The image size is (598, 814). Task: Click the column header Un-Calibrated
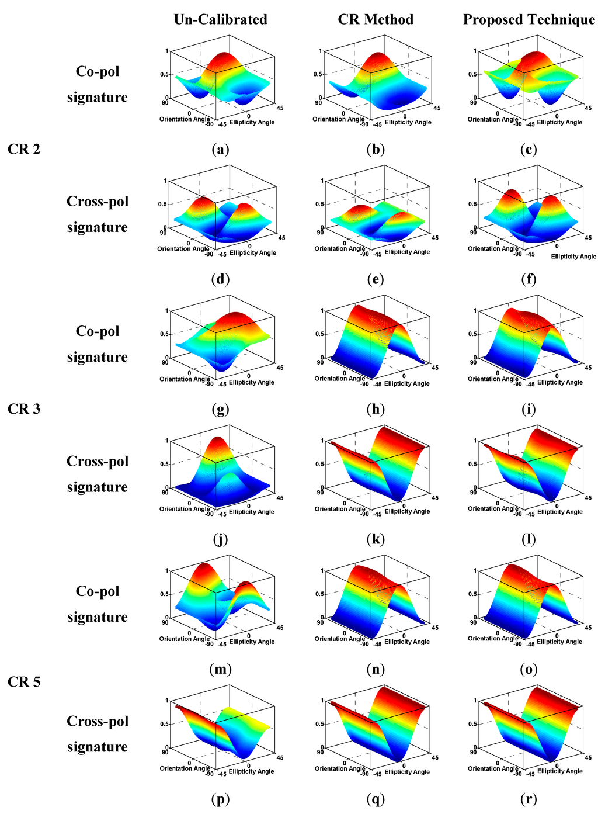coord(220,19)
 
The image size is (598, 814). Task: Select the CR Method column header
coord(376,19)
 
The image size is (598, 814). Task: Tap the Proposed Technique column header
coord(529,19)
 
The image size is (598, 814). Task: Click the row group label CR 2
coord(24,149)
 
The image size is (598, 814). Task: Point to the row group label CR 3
coord(24,409)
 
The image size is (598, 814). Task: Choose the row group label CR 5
coord(24,682)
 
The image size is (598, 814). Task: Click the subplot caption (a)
coord(220,150)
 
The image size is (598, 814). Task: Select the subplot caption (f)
coord(529,279)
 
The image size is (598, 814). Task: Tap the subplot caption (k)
coord(376,539)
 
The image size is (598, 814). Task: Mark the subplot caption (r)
coord(529,799)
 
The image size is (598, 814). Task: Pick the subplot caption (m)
coord(220,670)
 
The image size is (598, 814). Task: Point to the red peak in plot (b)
coord(380,58)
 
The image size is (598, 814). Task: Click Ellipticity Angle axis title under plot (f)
coord(573,257)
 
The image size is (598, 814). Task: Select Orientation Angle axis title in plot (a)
coord(184,119)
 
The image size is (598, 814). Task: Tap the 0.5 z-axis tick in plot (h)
coord(319,334)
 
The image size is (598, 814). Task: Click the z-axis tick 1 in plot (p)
coord(167,700)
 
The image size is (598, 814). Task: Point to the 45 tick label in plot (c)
coord(588,108)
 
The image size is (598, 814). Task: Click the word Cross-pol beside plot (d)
coord(98,202)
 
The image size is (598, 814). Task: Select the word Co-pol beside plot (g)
coord(98,331)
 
